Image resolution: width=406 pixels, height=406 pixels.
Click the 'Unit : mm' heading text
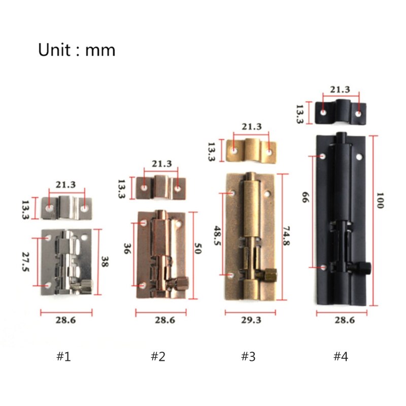tap(77, 50)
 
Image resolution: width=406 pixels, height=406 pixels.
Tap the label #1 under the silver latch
tap(63, 357)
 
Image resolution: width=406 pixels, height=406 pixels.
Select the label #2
tap(158, 357)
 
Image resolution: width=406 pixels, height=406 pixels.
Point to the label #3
tap(248, 357)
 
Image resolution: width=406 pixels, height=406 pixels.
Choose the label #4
tap(341, 357)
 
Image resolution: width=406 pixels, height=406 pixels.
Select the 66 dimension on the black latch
tap(306, 197)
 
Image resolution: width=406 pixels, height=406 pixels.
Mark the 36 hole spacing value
tap(128, 249)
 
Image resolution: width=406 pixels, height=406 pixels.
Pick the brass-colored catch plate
tap(252, 150)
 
